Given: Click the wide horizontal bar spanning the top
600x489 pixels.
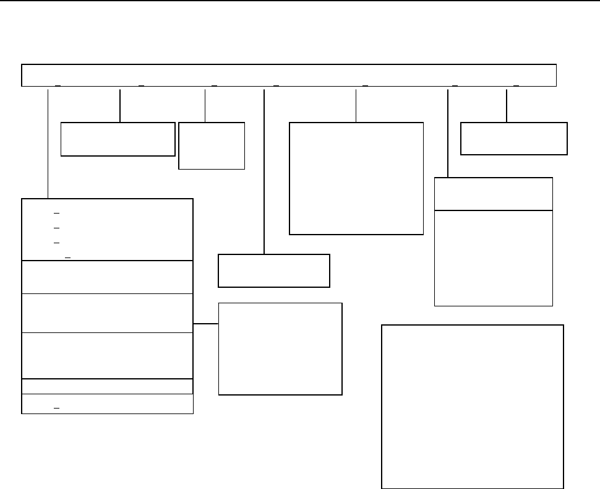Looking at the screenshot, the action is click(289, 75).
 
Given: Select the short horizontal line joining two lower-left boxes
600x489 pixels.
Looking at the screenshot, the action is click(205, 324).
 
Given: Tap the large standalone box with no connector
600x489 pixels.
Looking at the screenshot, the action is click(472, 406).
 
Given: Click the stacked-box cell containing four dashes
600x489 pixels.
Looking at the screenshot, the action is click(107, 230).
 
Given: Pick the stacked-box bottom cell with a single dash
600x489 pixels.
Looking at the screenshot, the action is click(107, 404).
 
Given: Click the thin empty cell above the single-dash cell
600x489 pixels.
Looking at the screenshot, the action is click(107, 386).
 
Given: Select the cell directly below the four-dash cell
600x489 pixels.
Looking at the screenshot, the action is click(107, 277).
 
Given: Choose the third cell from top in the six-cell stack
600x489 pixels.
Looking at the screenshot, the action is click(107, 313).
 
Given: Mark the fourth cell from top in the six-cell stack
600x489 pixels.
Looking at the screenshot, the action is click(107, 355).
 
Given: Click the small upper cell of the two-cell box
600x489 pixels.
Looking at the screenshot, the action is click(493, 194).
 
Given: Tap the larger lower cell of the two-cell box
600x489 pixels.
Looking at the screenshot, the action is click(493, 257).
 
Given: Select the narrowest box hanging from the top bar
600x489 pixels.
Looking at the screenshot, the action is click(212, 145).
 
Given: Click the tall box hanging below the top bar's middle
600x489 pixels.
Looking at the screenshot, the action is click(356, 178).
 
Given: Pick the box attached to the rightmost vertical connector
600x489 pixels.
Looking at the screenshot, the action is click(514, 138).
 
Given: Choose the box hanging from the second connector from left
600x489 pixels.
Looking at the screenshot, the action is click(118, 139).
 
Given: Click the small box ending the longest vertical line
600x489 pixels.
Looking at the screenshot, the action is click(274, 270).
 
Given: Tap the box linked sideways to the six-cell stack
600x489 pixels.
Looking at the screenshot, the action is click(280, 348).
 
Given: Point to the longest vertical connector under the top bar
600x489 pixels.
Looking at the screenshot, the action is click(265, 171).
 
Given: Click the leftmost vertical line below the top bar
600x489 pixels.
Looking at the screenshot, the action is click(48, 143).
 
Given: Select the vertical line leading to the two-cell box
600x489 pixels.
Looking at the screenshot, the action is click(447, 133).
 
